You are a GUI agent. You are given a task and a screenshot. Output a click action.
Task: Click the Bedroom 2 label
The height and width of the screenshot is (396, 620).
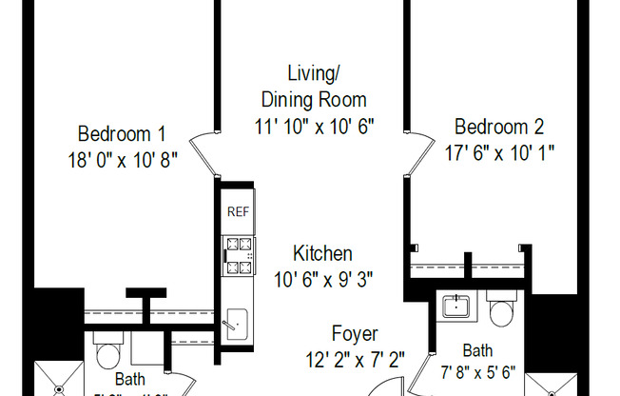coord(499,127)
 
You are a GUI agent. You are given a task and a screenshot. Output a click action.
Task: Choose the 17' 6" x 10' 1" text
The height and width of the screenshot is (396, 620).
coord(499,150)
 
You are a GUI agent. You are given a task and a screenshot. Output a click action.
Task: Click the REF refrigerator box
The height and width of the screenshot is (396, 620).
coord(237,212)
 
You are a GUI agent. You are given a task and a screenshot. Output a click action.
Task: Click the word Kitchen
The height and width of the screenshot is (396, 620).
coord(322,254)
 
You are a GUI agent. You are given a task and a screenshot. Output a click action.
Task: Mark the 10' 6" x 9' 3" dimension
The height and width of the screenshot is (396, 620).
coord(322,279)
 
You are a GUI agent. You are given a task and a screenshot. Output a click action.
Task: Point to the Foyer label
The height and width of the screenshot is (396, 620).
coord(355,334)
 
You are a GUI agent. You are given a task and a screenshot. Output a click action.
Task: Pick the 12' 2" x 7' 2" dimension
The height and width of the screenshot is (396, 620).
coord(355,359)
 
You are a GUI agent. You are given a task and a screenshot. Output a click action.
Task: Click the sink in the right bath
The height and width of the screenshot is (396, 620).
coord(458,307)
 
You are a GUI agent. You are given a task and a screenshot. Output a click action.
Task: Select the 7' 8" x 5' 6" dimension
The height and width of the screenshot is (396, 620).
coord(476,373)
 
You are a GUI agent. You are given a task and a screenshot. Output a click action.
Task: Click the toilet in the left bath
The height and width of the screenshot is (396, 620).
coord(107,352)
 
